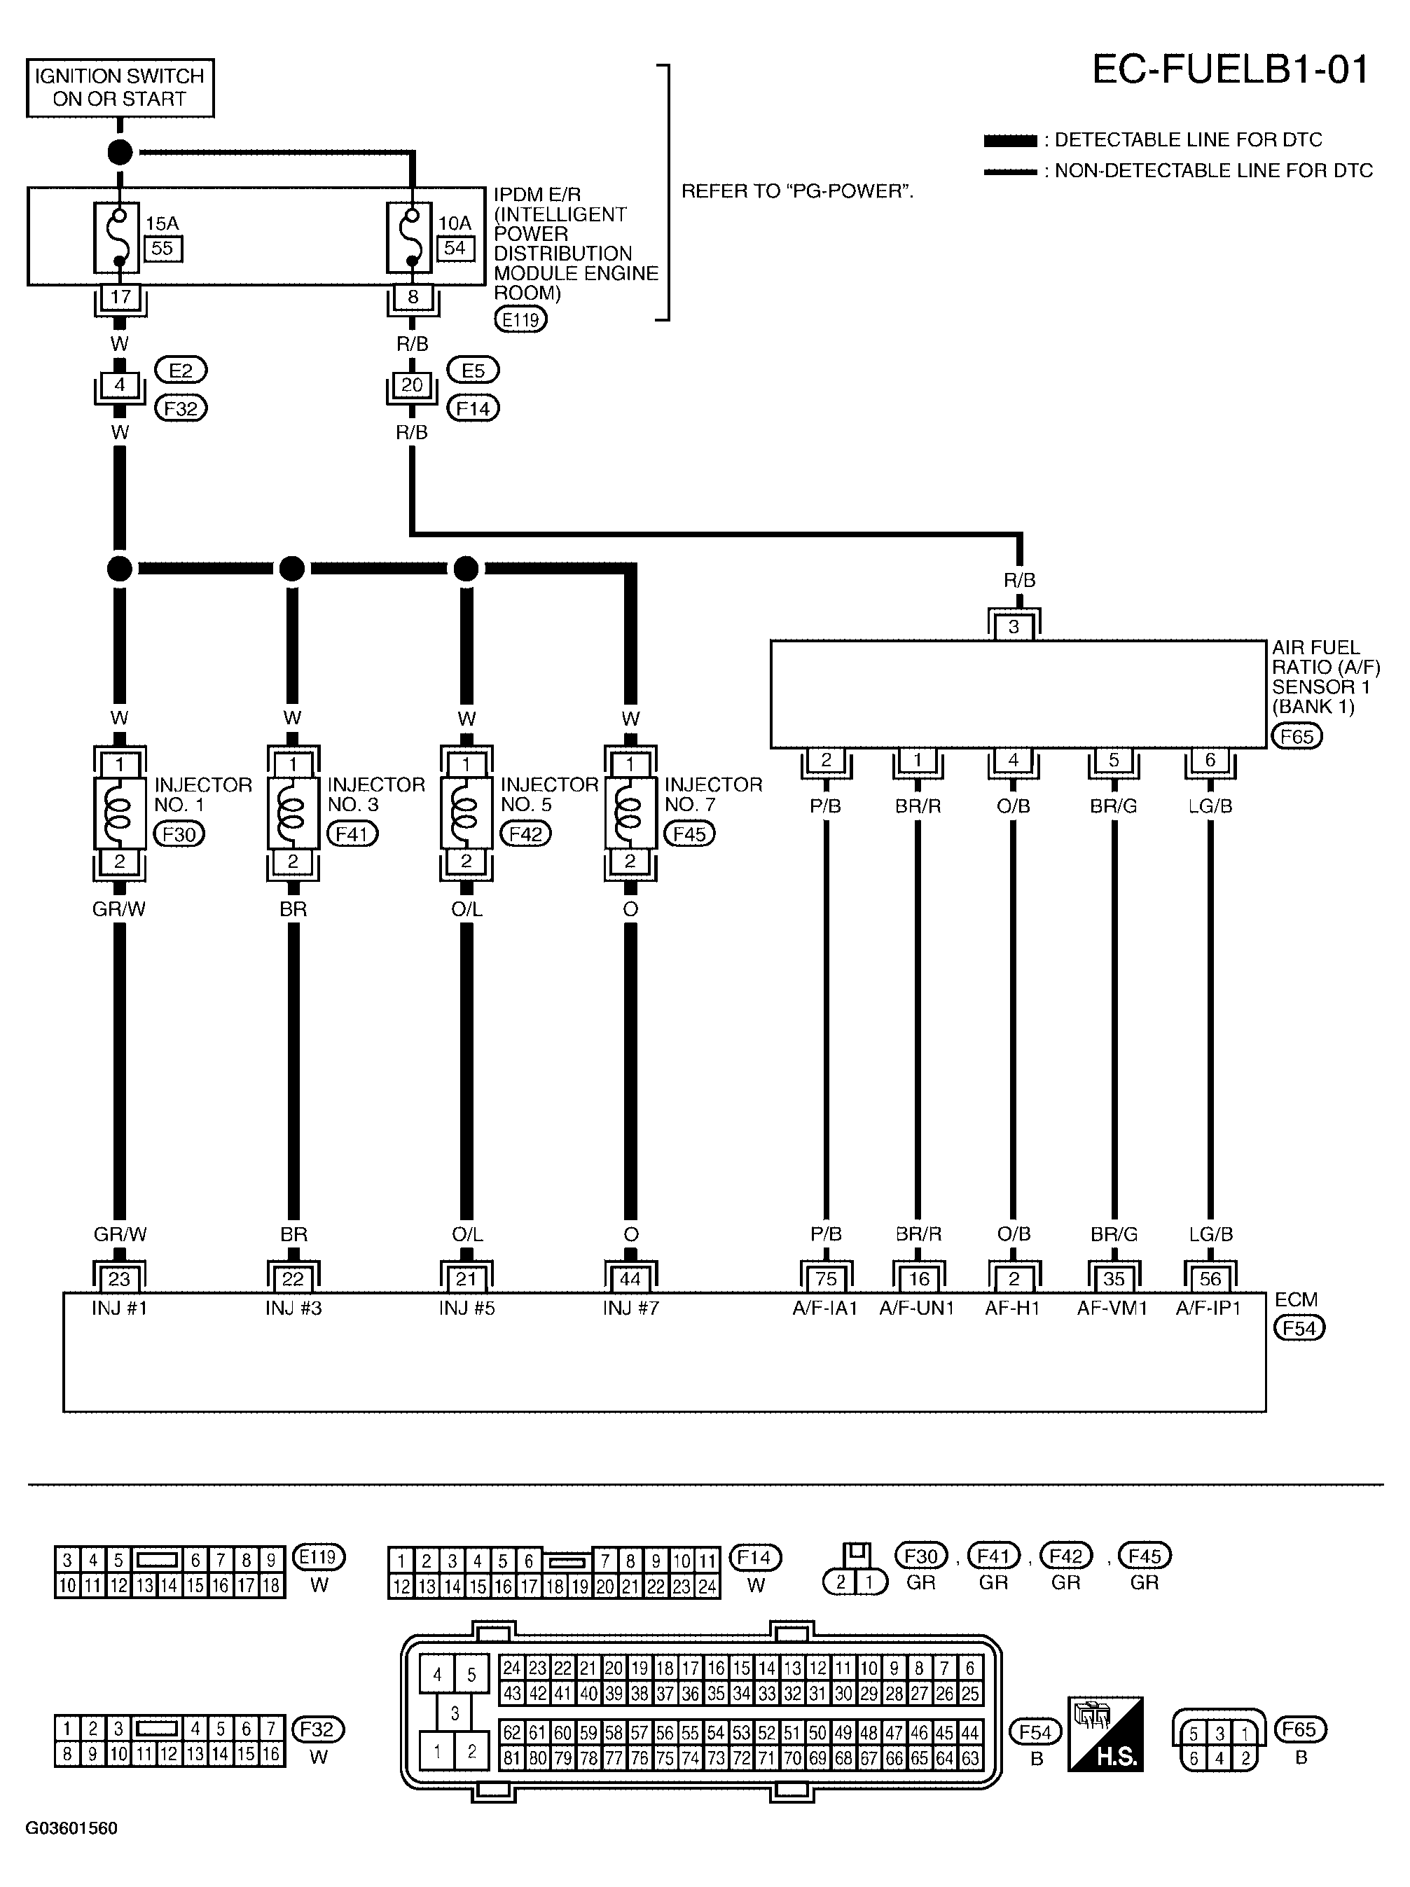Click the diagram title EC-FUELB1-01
[1229, 70]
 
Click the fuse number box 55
[162, 248]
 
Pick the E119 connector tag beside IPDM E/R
[520, 320]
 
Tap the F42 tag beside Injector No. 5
[525, 834]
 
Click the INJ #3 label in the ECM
[293, 1308]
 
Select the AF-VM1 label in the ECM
[1112, 1308]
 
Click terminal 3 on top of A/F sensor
[1014, 627]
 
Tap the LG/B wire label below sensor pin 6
[1210, 806]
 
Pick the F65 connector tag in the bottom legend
[1299, 1729]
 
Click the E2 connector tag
[181, 371]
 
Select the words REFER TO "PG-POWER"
[796, 191]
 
